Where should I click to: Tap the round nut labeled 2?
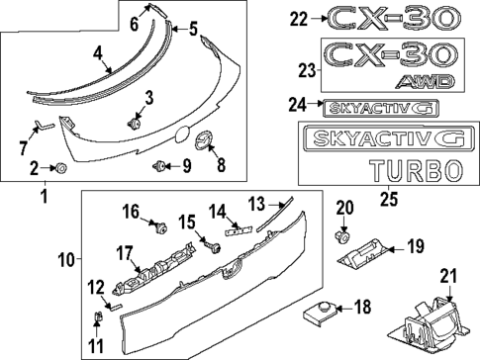61,167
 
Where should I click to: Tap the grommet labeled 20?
343,238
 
